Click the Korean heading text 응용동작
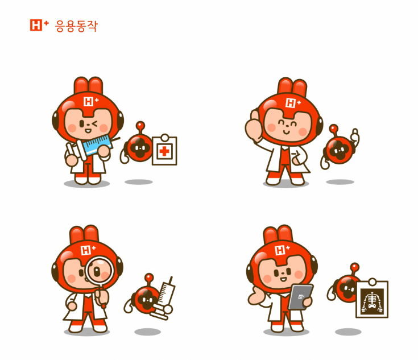pos(77,26)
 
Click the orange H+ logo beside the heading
pos(39,25)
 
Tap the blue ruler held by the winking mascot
pos(97,144)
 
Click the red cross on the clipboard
pos(164,151)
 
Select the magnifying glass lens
pos(100,270)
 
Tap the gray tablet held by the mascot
pos(300,297)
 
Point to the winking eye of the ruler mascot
pos(94,123)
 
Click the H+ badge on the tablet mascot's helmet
pos(282,250)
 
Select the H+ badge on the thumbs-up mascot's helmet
pos(293,103)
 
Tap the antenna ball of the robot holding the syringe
pos(149,277)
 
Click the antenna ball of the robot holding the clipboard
pos(140,125)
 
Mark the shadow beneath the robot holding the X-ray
pos(348,332)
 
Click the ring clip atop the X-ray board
pos(373,282)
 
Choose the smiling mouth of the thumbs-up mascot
pos(285,132)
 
